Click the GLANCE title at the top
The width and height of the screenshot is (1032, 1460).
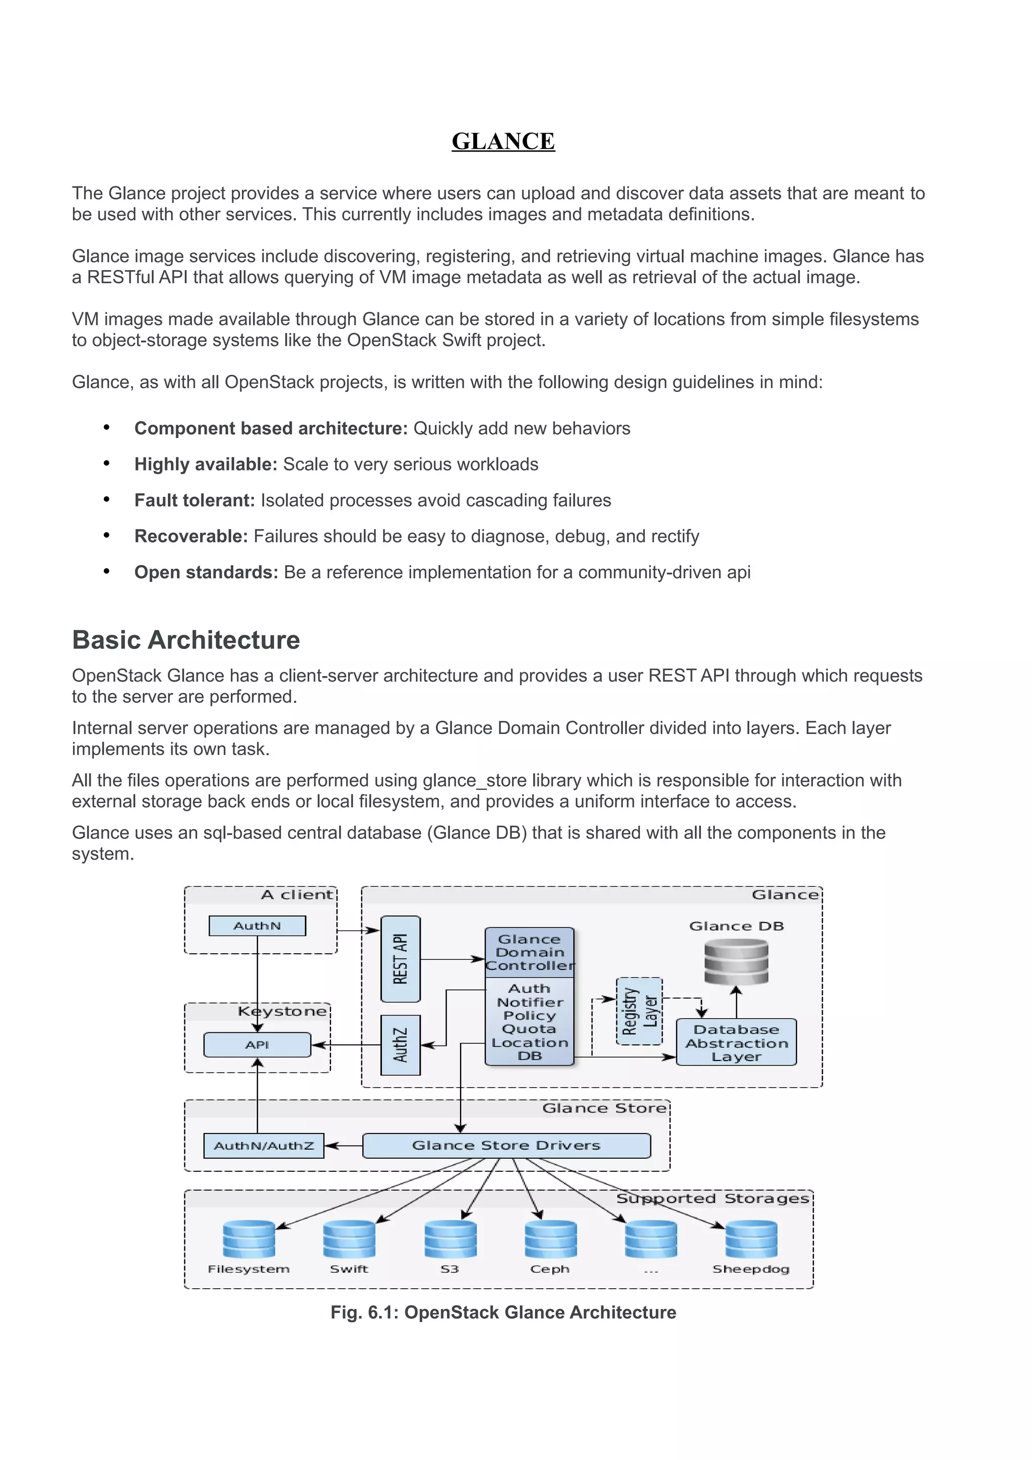[503, 141]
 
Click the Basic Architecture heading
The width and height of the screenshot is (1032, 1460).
[185, 640]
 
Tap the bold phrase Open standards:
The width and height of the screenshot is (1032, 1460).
[206, 572]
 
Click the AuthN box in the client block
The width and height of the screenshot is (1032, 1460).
[257, 926]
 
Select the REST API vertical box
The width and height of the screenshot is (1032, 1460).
[400, 959]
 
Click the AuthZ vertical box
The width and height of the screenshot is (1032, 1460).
[400, 1045]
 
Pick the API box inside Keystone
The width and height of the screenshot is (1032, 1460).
[257, 1045]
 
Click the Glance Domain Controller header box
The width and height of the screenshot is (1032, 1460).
[529, 952]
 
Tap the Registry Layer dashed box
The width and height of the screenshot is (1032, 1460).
[639, 1012]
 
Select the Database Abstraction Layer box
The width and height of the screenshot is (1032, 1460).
[736, 1043]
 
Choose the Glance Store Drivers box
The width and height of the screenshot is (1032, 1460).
[506, 1145]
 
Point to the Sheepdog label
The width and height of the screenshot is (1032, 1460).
[750, 1269]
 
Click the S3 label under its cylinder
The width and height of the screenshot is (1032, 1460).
[449, 1269]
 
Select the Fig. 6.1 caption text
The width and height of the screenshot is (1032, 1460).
[503, 1312]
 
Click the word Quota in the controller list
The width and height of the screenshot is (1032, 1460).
[529, 1029]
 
